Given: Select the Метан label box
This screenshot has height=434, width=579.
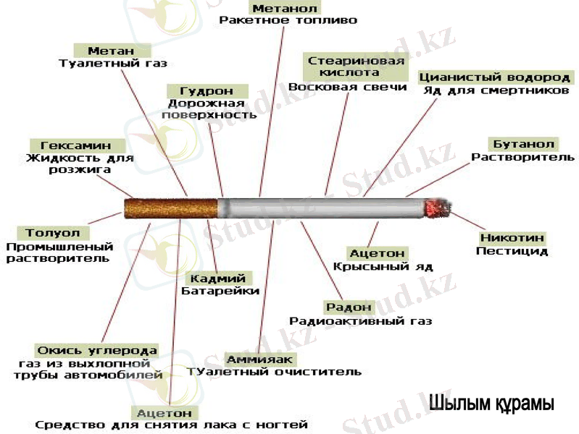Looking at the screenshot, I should (x=112, y=51).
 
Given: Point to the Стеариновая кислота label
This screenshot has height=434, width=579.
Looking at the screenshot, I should (x=356, y=67).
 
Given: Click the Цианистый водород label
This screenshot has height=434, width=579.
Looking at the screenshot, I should (x=496, y=77).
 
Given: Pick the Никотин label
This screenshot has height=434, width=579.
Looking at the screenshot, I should (x=512, y=238).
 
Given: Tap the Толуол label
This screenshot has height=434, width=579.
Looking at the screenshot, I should (x=49, y=233).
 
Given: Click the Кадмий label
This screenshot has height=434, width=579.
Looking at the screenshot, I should (x=218, y=278).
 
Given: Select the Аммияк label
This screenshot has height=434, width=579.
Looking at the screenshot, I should (x=259, y=359).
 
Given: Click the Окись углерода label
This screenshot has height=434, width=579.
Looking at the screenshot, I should (x=97, y=350).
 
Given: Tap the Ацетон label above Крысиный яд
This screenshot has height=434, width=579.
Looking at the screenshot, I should (x=377, y=253).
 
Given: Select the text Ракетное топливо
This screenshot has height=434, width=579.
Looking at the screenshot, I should (x=288, y=21).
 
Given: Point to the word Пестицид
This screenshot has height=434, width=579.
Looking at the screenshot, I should (x=512, y=252).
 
